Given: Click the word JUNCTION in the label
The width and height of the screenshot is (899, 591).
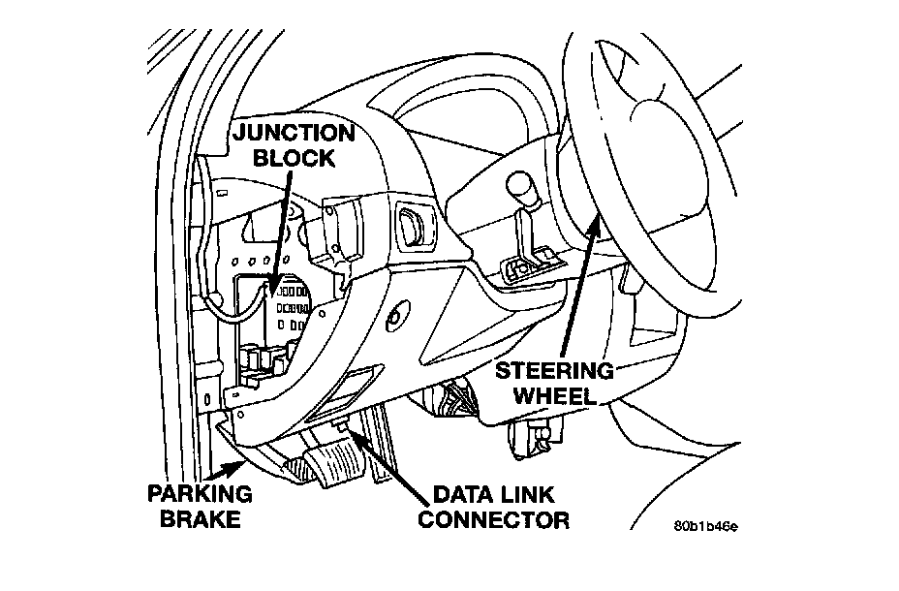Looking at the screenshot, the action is click(294, 133).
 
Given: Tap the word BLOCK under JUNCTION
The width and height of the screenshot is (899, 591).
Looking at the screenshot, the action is click(294, 158).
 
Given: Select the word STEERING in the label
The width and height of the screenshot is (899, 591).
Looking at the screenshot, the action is click(554, 371).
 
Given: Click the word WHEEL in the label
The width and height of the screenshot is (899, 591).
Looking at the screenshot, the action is click(554, 395).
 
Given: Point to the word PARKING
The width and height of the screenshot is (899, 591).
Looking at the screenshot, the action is click(201, 493).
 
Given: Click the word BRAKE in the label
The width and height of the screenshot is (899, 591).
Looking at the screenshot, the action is click(201, 518).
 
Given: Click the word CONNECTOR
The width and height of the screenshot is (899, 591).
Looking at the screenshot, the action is click(494, 519).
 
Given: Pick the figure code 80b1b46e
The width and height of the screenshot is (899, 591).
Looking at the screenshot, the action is click(706, 526).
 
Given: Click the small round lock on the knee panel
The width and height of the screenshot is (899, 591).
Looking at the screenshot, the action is click(395, 316).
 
